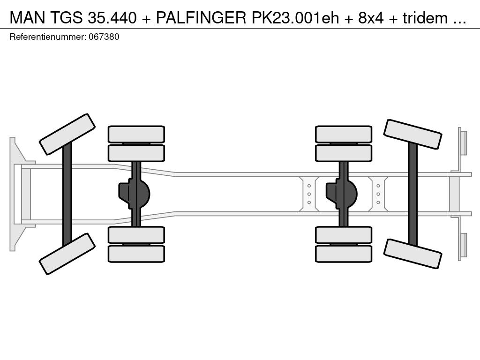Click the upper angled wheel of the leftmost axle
[67, 134]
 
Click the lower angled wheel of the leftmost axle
[67, 254]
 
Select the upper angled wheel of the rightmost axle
[412, 135]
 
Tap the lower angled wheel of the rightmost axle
[412, 254]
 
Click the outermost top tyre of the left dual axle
[136, 134]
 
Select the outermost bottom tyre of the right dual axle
[344, 254]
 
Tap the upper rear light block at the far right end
[463, 142]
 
